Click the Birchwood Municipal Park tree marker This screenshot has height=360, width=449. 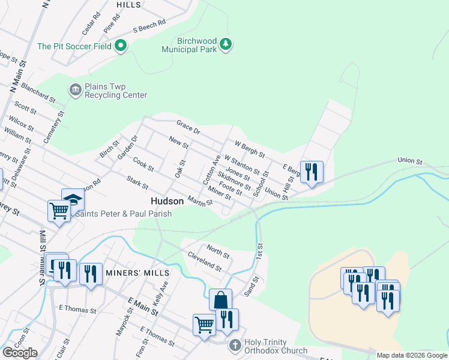pyautogui.click(x=226, y=44)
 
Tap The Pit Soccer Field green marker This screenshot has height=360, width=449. pyautogui.click(x=121, y=46)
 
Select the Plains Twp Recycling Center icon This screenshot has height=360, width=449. pyautogui.click(x=75, y=91)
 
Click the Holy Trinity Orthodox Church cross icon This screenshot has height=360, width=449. pyautogui.click(x=235, y=345)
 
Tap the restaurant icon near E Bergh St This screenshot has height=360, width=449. pyautogui.click(x=312, y=172)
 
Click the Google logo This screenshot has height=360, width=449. pyautogui.click(x=20, y=353)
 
